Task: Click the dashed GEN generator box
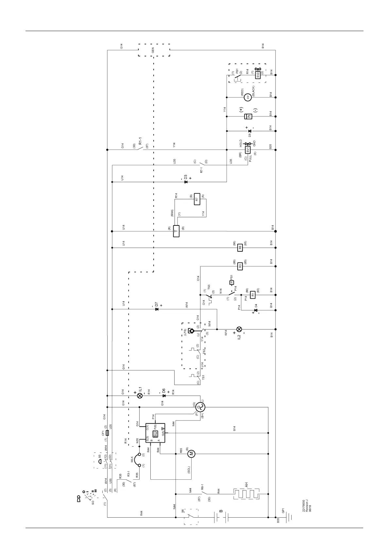[154, 50]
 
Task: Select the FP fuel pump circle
[248, 97]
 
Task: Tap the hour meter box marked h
[248, 116]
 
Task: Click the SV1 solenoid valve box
[248, 150]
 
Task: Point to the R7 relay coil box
[197, 199]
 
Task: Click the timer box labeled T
[176, 231]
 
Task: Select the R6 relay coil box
[240, 248]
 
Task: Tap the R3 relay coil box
[240, 266]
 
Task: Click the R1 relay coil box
[253, 295]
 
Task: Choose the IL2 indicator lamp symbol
[239, 329]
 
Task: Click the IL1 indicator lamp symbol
[140, 396]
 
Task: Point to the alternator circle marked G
[200, 407]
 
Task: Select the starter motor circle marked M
[192, 453]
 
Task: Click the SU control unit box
[155, 433]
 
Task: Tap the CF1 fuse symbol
[108, 433]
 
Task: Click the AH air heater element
[246, 494]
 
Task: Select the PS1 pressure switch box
[232, 282]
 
